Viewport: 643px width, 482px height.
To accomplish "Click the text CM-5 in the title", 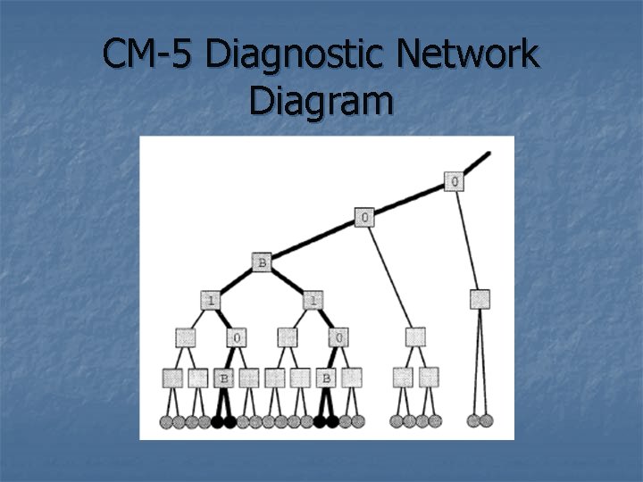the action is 148,55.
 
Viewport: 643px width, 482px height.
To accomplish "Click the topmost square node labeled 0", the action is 455,181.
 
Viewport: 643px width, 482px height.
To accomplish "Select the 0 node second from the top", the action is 365,217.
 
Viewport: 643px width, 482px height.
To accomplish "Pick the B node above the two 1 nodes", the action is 263,263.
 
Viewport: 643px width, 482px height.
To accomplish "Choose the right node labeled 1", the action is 313,300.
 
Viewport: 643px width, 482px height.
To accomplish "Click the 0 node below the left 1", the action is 237,337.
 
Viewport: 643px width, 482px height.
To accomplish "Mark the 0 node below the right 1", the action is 339,337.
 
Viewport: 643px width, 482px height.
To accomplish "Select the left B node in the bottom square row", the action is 223,378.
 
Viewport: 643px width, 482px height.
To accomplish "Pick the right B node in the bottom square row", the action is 326,378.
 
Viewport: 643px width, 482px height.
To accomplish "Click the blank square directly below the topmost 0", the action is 480,299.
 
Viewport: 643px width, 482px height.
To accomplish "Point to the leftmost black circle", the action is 217,420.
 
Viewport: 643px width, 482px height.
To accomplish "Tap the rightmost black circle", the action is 332,420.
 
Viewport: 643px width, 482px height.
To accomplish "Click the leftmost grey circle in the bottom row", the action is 166,420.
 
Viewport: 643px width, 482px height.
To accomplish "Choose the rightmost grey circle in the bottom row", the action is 487,420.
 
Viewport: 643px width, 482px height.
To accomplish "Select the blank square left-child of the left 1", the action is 186,337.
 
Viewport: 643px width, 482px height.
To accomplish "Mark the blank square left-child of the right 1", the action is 288,337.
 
